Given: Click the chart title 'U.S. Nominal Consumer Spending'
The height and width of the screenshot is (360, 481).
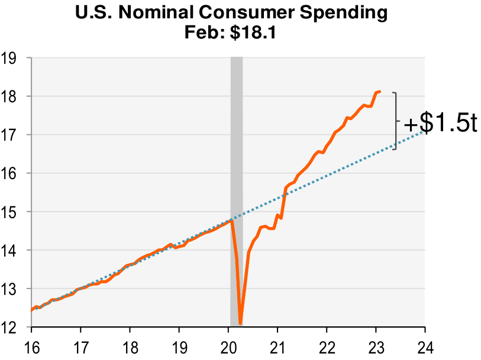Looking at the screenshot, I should point(240,12).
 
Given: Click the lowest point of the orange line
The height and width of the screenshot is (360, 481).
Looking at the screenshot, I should point(240,323).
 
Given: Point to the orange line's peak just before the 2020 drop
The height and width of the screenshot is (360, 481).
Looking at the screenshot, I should point(231,220).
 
